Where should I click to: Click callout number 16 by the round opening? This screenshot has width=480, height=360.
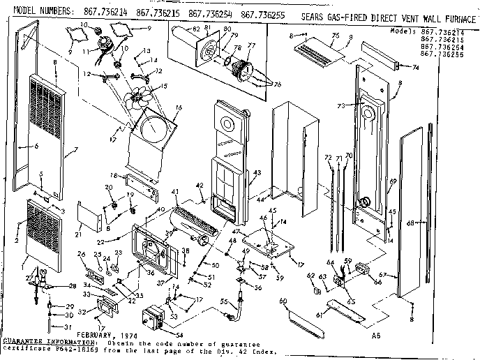(179, 107)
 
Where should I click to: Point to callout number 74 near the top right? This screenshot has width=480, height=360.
(416, 68)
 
